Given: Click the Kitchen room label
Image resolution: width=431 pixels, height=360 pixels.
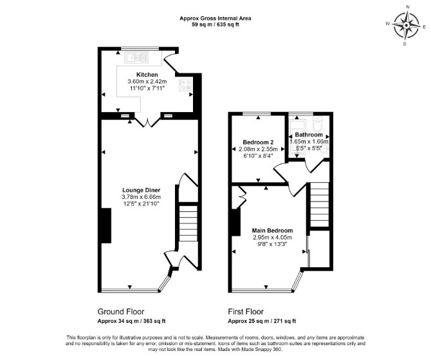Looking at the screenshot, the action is tap(147, 75).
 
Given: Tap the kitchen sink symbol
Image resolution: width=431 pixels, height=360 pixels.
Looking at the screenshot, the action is tap(136, 58).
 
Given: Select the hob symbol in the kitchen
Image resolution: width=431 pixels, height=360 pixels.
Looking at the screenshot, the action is tap(185, 84).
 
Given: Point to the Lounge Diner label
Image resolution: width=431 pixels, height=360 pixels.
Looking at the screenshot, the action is tap(142, 190).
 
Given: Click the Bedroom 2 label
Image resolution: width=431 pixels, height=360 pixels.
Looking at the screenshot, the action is tap(258, 142).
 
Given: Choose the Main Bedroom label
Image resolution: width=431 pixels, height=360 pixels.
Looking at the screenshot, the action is tap(272, 231).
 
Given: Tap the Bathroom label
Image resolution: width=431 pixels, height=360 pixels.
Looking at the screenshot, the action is tap(309, 135).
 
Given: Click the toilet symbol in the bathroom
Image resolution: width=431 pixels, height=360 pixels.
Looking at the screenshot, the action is tap(318, 124).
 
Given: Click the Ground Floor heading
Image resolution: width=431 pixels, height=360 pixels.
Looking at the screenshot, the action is tap(121, 312).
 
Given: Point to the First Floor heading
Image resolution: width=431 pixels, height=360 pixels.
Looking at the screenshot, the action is tap(246, 312).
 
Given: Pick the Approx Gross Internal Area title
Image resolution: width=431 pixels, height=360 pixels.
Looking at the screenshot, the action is tap(215, 19).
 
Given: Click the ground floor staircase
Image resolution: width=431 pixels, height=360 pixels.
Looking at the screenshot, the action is tap(188, 223).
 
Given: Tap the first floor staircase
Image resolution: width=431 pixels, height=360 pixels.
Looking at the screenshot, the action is tap(320, 205).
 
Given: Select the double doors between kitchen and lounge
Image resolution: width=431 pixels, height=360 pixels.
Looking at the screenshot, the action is tap(147, 122).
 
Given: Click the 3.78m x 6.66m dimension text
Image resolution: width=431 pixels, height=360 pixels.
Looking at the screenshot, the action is tap(142, 197).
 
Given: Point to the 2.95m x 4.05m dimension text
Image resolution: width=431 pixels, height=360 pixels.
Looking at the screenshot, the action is tap(272, 237).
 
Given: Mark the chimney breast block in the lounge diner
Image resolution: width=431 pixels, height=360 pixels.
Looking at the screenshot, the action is tap(106, 225).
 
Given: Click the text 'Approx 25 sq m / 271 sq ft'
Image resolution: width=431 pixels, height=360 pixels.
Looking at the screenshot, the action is tap(262, 321).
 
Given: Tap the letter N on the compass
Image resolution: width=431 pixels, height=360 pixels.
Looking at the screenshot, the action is tap(408, 14).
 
